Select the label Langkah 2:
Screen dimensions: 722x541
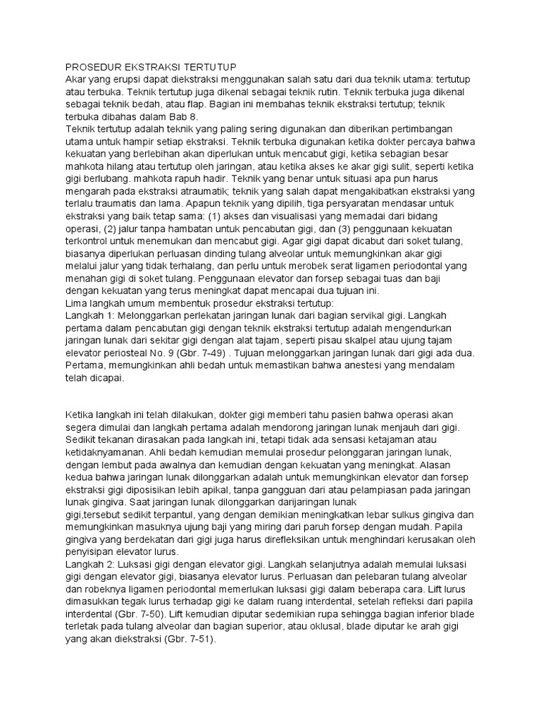91,566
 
